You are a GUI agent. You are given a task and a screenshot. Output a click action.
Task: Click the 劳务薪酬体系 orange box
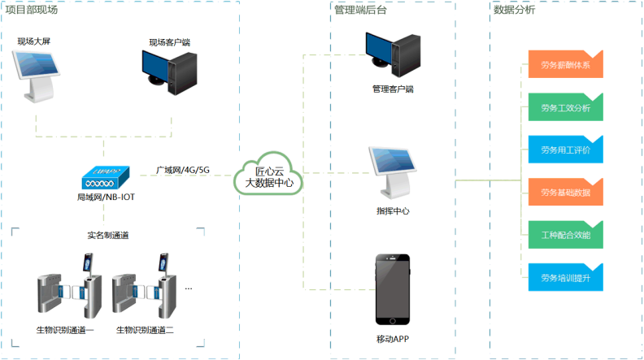[x=565, y=64]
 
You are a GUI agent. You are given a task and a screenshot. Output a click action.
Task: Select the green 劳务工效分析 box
[x=565, y=107]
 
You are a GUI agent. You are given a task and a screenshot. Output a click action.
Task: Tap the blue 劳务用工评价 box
[x=565, y=150]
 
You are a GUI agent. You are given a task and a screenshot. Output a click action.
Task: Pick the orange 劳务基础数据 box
[x=565, y=193]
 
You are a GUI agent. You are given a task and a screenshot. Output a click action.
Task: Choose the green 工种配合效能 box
[x=565, y=235]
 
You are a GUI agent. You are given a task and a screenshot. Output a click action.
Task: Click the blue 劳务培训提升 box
[x=565, y=278]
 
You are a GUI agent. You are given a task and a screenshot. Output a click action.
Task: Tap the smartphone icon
[x=392, y=288]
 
